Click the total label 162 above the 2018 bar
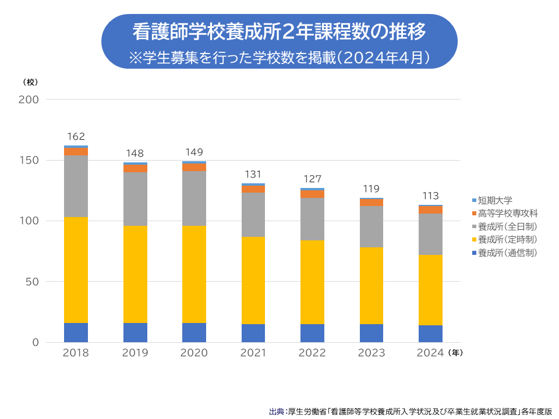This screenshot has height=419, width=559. coord(76,137)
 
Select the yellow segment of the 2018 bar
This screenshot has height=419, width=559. coord(76,270)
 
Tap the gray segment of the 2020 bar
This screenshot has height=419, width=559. coord(194,198)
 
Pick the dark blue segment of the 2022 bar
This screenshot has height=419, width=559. coord(312,333)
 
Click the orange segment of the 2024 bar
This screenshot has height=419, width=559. coord(430,210)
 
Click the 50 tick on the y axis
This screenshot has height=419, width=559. coord(32,282)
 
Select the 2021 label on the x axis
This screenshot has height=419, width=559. coord(253,353)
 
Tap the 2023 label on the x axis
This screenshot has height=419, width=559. coord(371,353)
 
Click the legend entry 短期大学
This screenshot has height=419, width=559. coord(495,200)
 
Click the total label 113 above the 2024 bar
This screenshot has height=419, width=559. coord(430,196)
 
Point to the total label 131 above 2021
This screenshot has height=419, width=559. coord(253,174)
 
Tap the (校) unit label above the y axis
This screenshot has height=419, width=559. coord(30,81)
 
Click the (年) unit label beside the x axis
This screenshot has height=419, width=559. coord(455,353)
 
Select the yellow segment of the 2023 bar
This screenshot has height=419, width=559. coord(371,285)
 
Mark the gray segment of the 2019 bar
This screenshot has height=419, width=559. coord(135,199)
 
